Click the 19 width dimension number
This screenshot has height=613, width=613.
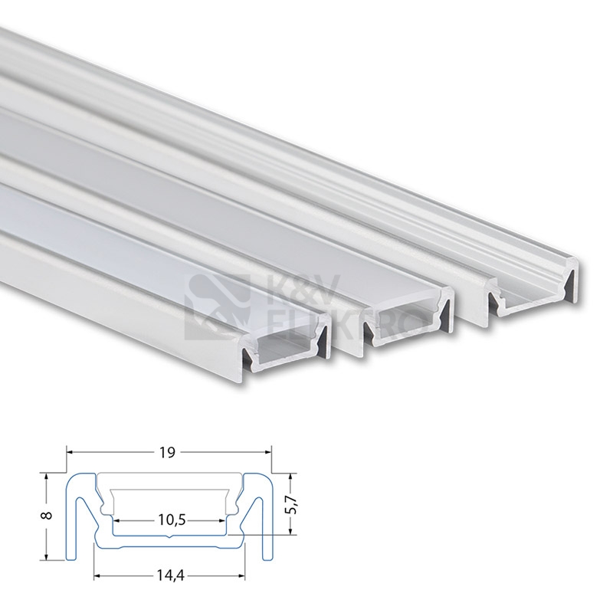(x=168, y=453)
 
